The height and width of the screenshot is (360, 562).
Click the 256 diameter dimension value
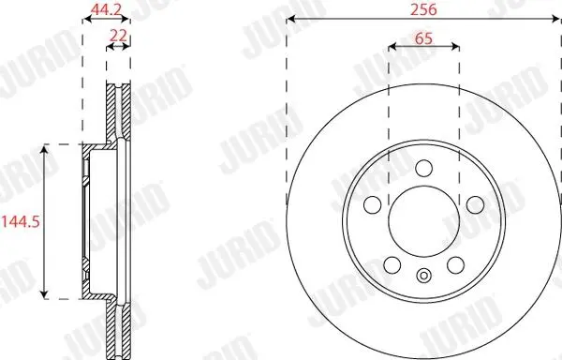coord(423,9)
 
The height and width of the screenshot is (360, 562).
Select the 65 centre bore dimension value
coord(423,38)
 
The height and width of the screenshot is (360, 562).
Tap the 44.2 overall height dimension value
coord(106,9)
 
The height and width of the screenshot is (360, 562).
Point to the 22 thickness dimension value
coord(118,36)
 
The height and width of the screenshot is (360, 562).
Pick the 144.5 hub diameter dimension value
coord(21,222)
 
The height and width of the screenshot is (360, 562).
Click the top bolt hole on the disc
coord(423,168)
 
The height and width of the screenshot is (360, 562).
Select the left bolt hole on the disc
coord(373,204)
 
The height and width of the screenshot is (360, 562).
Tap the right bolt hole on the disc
coord(475,204)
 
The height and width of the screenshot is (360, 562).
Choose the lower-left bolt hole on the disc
coord(392,265)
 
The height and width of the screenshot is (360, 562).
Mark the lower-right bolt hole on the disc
coord(455,265)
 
